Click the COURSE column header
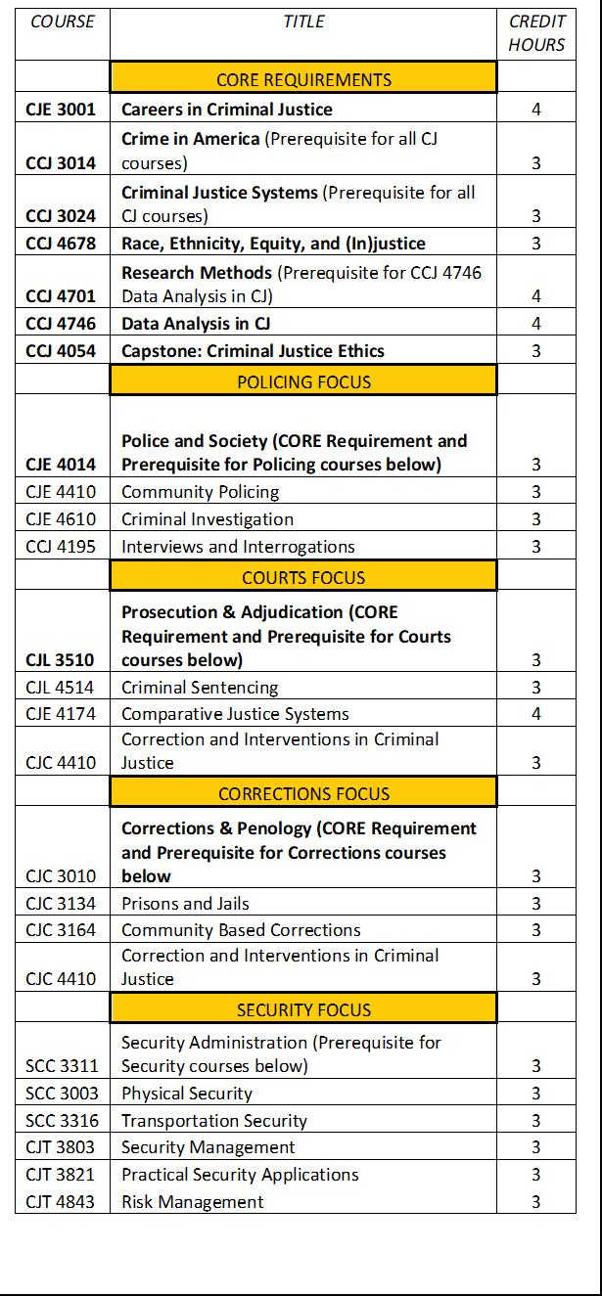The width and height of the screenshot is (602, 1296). tap(62, 22)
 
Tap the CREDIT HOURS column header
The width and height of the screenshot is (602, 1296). tap(536, 33)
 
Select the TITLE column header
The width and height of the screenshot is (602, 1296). tap(303, 22)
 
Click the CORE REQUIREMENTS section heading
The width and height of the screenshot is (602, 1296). tap(303, 80)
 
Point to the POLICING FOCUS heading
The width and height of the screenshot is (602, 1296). tap(303, 381)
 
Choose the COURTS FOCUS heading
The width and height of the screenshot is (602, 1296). tap(303, 578)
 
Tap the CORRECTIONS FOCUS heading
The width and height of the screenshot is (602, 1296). tap(303, 794)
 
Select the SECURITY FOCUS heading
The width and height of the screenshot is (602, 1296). tap(303, 1010)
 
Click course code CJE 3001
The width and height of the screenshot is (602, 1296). tap(61, 110)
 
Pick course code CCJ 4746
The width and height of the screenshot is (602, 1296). tap(61, 324)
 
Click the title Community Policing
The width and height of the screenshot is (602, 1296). tap(200, 492)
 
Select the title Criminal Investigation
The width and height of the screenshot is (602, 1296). tap(208, 519)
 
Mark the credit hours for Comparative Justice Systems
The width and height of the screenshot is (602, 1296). tap(536, 714)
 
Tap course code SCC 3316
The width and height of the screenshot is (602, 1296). tap(61, 1121)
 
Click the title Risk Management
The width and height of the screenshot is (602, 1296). tap(193, 1202)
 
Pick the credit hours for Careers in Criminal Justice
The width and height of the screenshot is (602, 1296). tap(536, 110)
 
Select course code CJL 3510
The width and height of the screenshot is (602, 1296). tap(61, 660)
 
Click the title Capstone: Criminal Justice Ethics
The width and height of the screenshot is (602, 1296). tap(253, 351)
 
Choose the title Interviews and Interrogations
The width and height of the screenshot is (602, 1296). tap(238, 547)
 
